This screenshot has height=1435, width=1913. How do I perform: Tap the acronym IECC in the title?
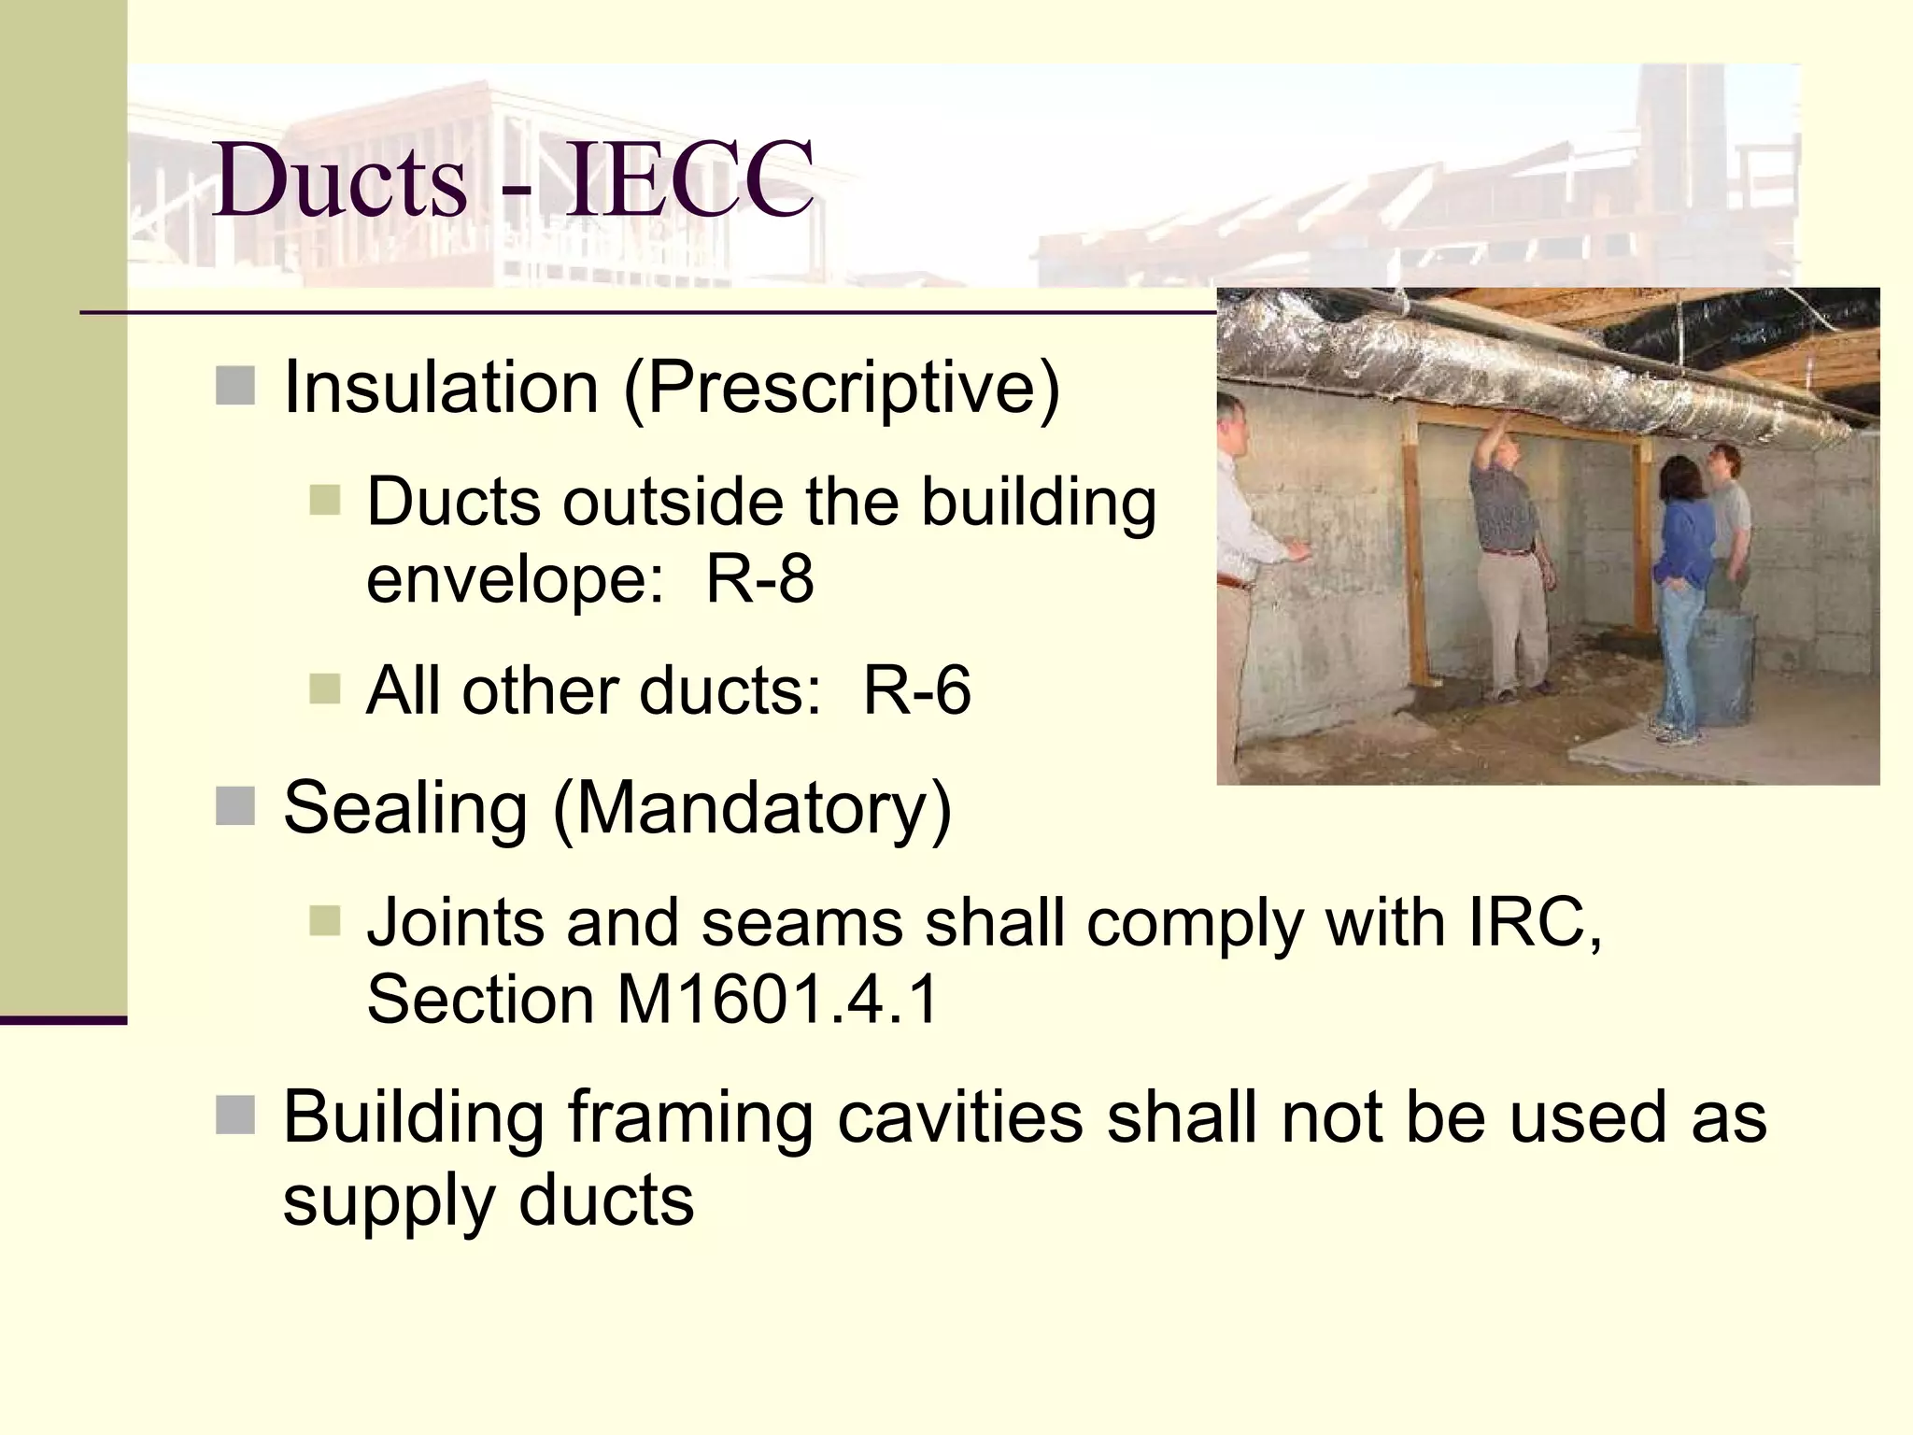pyautogui.click(x=689, y=180)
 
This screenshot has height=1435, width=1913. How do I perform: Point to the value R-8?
pyautogui.click(x=759, y=579)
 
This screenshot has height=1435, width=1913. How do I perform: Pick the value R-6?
pyautogui.click(x=916, y=690)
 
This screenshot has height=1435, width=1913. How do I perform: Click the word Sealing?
pyautogui.click(x=405, y=809)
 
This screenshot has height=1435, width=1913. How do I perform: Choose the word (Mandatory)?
pyautogui.click(x=752, y=809)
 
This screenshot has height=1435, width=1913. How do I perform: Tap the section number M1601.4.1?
pyautogui.click(x=777, y=999)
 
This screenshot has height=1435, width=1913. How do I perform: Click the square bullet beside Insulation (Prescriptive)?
pyautogui.click(x=234, y=386)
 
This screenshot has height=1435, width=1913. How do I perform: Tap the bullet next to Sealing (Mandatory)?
pyautogui.click(x=234, y=806)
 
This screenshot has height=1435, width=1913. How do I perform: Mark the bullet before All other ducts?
pyautogui.click(x=324, y=689)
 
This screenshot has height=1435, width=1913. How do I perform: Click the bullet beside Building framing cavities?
pyautogui.click(x=234, y=1115)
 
